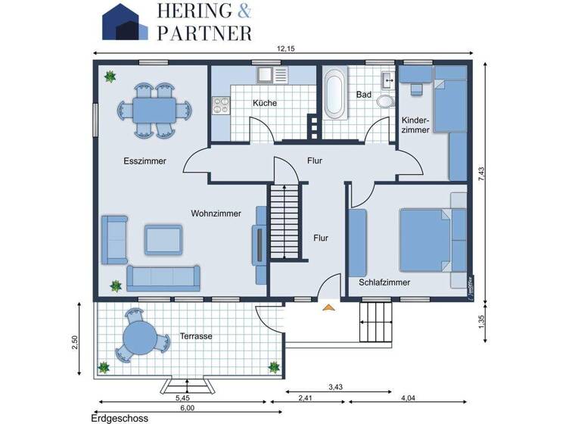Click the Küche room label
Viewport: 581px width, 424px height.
(x=264, y=103)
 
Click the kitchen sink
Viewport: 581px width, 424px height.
(x=266, y=75)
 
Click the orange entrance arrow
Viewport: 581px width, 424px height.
(x=328, y=307)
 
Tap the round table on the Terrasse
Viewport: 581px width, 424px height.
(x=139, y=339)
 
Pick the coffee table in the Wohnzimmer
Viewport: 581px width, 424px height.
(x=163, y=239)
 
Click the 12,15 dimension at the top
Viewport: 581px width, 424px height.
(x=285, y=49)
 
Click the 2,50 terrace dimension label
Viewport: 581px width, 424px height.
(x=74, y=342)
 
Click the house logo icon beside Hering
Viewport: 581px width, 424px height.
(x=125, y=21)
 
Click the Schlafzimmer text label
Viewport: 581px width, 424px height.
(x=384, y=282)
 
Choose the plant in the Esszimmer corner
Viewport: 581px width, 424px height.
(x=111, y=76)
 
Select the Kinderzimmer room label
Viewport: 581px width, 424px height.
(x=415, y=125)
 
